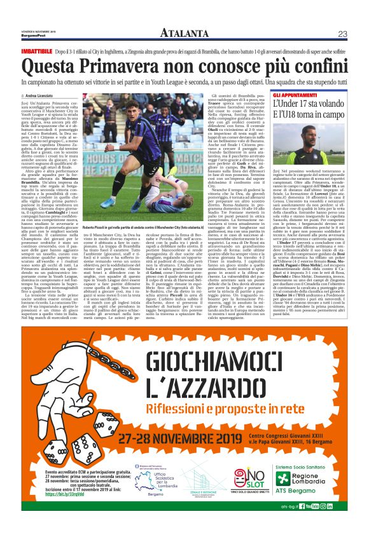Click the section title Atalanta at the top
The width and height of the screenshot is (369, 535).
click(184, 33)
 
